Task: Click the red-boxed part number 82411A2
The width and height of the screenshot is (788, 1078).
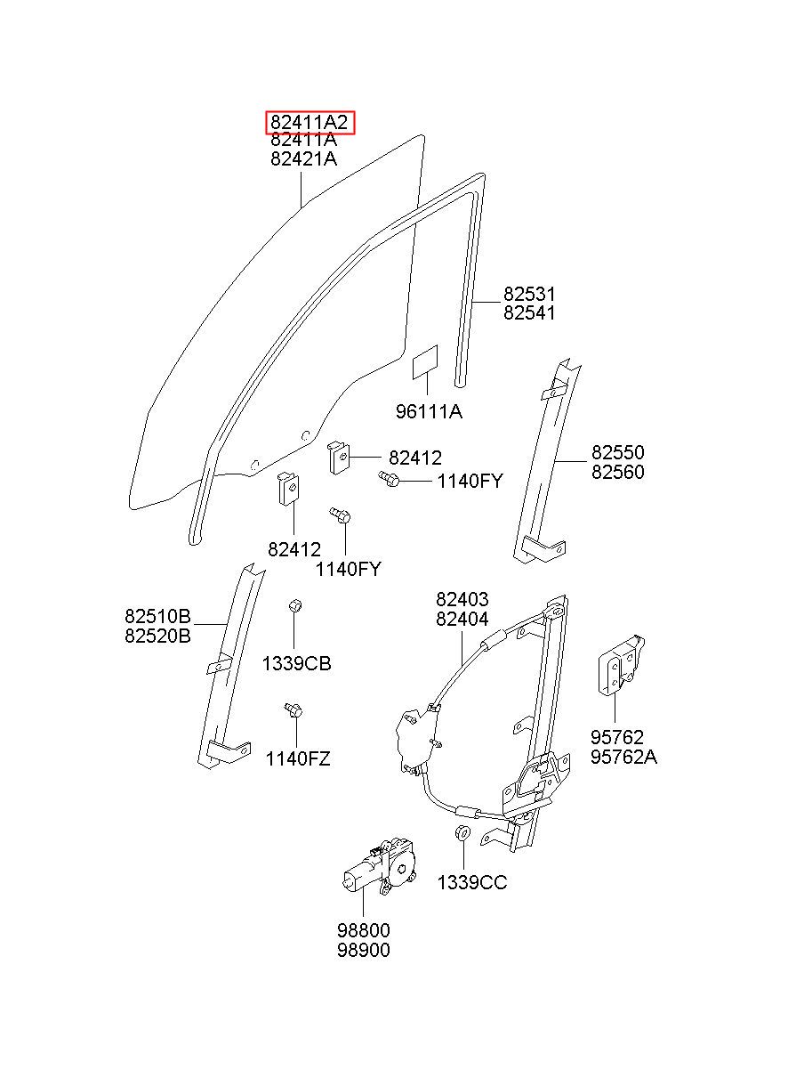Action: (310, 122)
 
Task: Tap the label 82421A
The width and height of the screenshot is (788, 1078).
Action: (304, 158)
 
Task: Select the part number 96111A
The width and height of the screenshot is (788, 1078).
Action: (429, 411)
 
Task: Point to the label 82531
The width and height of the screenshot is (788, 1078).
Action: (529, 294)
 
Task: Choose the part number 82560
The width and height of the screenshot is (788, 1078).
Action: (618, 472)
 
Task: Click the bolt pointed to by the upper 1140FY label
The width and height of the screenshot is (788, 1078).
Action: (389, 478)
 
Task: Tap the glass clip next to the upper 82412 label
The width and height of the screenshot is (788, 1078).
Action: (339, 458)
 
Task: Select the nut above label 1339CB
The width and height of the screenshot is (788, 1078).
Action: (295, 605)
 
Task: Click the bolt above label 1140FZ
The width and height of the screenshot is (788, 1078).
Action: (293, 709)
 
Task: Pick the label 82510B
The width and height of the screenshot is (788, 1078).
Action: (157, 616)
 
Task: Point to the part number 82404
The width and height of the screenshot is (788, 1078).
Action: (462, 619)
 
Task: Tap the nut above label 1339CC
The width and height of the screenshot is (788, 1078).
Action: (462, 832)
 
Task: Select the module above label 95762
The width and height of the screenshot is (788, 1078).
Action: (621, 665)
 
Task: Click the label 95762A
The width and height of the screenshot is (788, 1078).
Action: (623, 757)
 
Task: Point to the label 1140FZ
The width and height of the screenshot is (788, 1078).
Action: (298, 758)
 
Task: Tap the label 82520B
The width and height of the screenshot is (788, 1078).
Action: (157, 636)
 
